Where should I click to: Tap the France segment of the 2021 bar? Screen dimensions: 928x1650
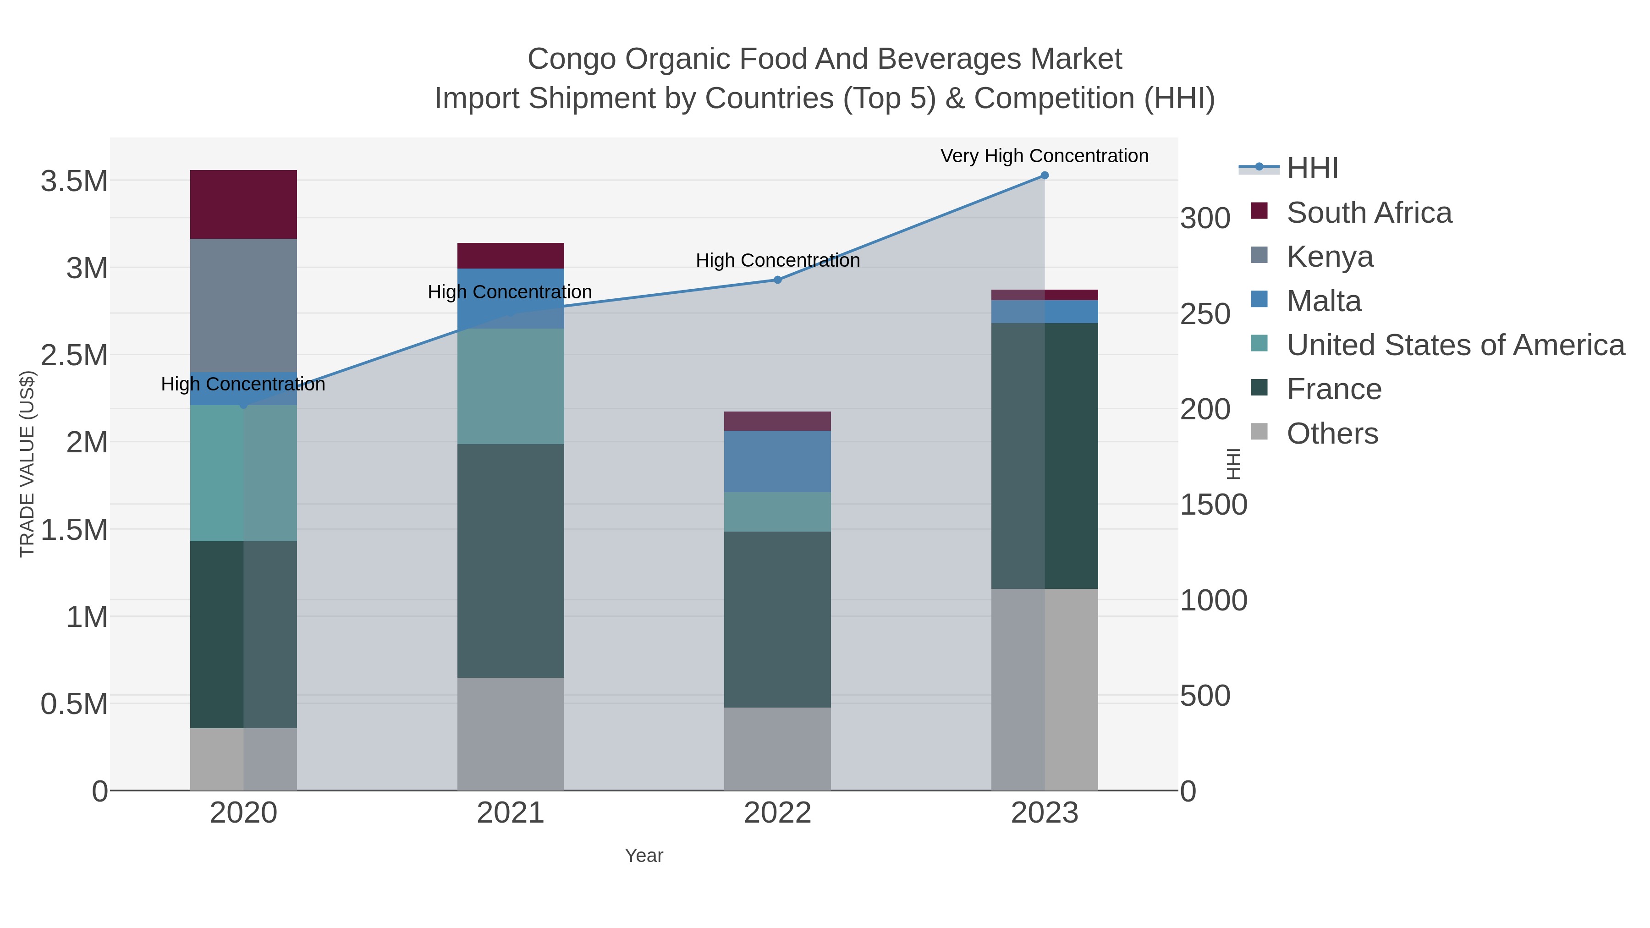[511, 560]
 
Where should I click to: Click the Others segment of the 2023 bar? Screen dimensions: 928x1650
[1044, 689]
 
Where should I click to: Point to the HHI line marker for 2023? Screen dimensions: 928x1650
[1044, 176]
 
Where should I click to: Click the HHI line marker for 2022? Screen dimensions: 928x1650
[777, 280]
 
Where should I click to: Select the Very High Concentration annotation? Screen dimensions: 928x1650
[1044, 156]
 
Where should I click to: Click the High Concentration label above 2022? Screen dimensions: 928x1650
[777, 261]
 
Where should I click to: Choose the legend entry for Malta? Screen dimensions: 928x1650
[1323, 301]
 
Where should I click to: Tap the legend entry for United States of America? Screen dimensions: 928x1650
[1454, 345]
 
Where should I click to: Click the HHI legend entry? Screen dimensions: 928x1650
[1312, 169]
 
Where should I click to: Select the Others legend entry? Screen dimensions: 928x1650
[1331, 434]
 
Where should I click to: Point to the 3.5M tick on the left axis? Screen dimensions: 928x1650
[74, 181]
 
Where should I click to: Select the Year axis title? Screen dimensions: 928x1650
[644, 856]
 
